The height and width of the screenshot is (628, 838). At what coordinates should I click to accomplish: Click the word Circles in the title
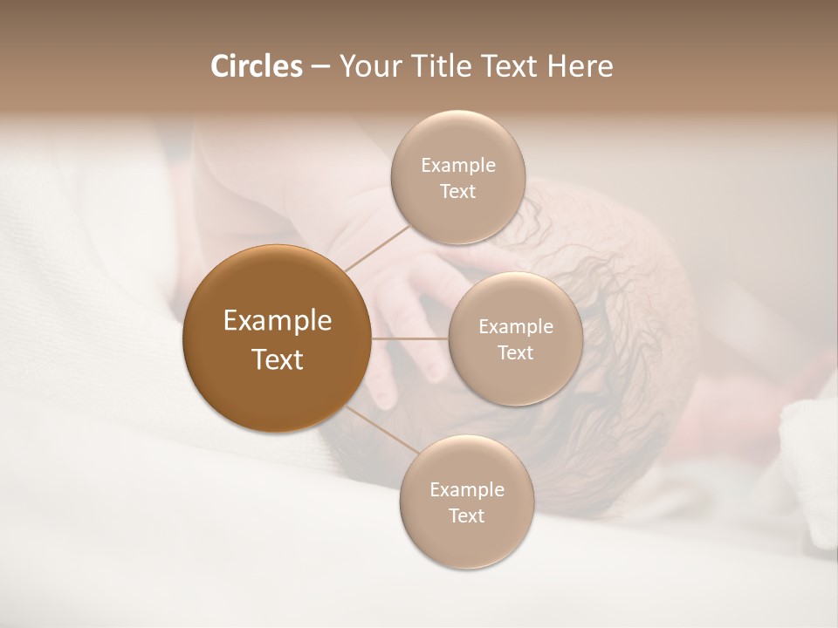pos(256,66)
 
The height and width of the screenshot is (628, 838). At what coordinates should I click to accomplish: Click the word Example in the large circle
pos(278,321)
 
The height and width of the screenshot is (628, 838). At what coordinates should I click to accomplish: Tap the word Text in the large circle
pos(278,359)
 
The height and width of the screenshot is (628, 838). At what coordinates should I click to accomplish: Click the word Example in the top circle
pos(458,166)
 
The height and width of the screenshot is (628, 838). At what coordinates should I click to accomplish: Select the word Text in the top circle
pos(457,192)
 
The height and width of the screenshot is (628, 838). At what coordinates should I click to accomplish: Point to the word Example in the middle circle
pos(516,327)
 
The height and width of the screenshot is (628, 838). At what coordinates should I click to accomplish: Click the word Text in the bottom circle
pos(466,516)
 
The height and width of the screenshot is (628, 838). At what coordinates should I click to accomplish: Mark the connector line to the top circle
pos(377,248)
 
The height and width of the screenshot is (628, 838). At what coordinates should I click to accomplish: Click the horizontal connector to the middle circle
pos(410,338)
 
